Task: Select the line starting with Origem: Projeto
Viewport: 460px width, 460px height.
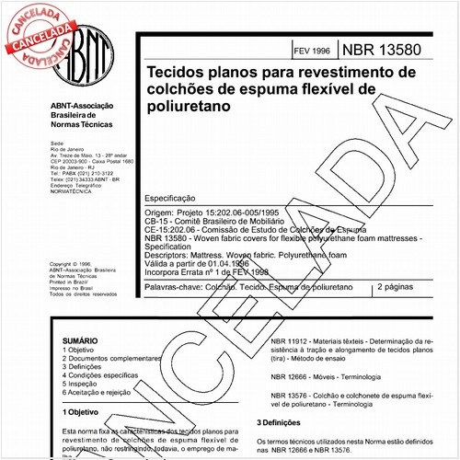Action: [x=237, y=212]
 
